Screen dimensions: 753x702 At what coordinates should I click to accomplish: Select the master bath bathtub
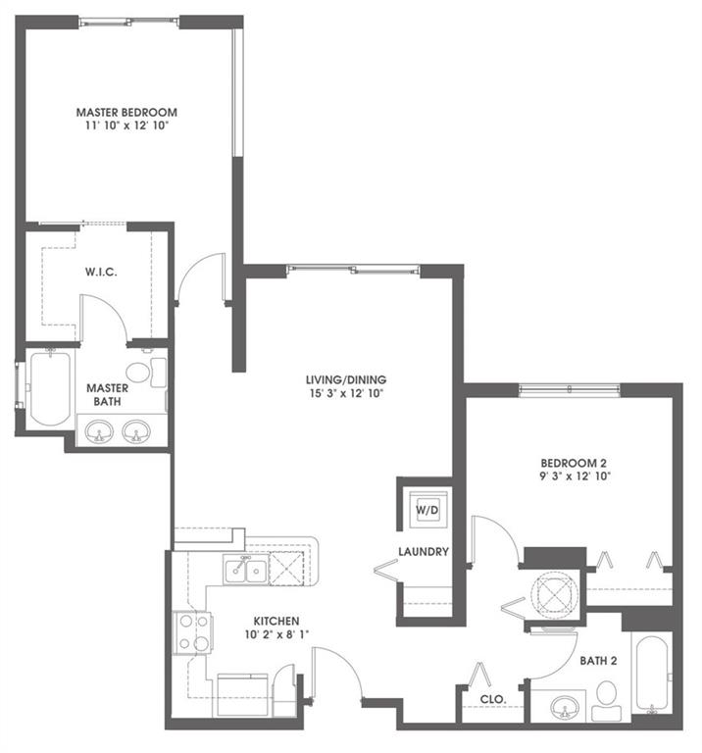(48, 388)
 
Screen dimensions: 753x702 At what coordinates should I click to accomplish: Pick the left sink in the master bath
(99, 431)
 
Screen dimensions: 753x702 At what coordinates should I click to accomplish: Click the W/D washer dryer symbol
(425, 510)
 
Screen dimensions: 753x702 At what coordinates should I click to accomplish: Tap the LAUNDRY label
(424, 552)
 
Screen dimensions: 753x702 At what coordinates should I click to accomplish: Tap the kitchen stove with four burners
(191, 632)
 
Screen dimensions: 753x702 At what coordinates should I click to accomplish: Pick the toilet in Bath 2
(604, 697)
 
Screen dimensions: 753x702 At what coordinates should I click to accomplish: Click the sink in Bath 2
(565, 705)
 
